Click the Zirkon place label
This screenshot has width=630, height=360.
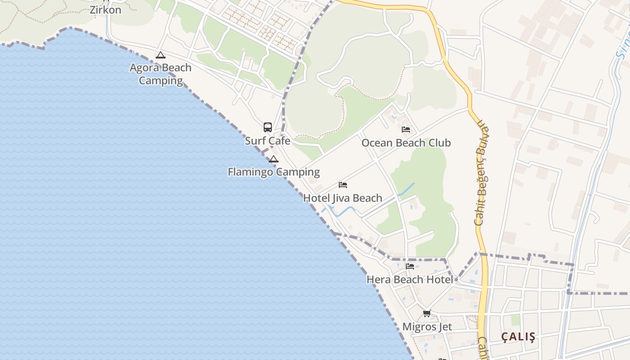tap(105, 10)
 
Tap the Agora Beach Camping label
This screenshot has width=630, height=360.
tap(161, 74)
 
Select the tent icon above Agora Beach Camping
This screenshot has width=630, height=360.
tap(161, 55)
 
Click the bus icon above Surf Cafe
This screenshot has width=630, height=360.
tap(268, 127)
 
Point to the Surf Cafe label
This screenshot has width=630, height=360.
tap(267, 141)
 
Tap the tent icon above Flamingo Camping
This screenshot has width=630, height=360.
tap(274, 159)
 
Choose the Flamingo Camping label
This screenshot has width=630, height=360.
tap(274, 172)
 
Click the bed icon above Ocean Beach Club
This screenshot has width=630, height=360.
tap(406, 130)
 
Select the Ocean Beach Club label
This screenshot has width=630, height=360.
tap(406, 143)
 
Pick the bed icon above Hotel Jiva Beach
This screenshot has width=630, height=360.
tap(343, 185)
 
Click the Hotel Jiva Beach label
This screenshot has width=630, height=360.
tap(342, 198)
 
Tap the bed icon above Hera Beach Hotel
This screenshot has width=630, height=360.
tap(410, 266)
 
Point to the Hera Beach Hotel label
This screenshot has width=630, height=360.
tap(410, 279)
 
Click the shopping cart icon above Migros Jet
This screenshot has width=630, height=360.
tap(427, 313)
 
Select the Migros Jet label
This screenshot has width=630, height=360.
tap(427, 327)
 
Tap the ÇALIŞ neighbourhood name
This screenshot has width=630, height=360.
tap(519, 337)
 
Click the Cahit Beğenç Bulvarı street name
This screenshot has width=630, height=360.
tap(481, 173)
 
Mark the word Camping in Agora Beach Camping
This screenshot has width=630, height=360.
tap(161, 81)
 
